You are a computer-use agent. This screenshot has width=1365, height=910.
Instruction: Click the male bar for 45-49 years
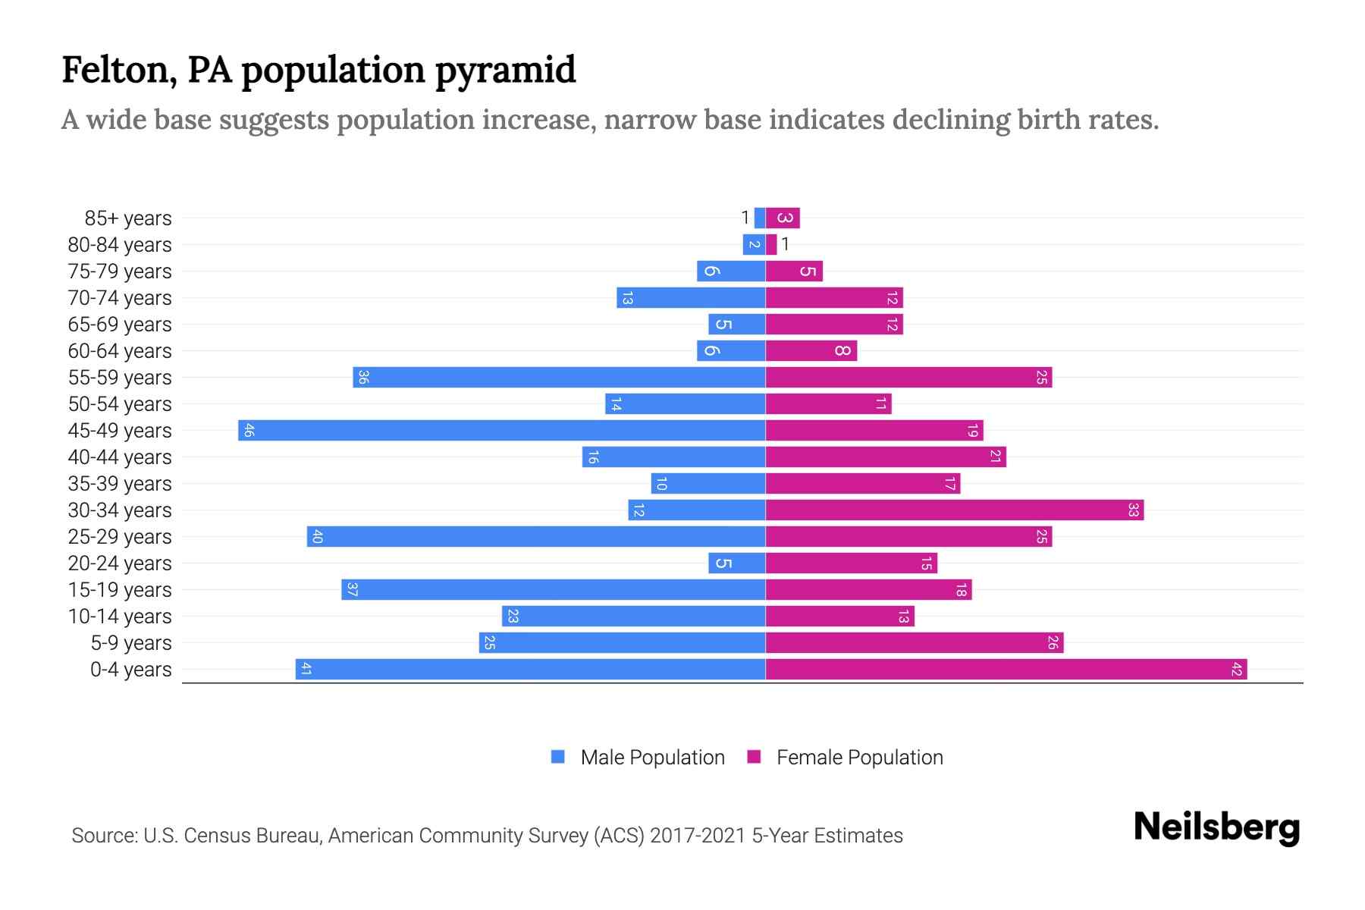tap(501, 431)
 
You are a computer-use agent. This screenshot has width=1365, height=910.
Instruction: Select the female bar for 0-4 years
tap(1006, 670)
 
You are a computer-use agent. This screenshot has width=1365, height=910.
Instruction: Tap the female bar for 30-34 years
tap(954, 510)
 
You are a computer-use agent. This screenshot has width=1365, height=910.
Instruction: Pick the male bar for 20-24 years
tap(737, 563)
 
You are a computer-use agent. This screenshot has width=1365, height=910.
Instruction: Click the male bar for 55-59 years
tap(559, 378)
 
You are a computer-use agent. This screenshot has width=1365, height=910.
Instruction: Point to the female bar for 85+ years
tap(783, 218)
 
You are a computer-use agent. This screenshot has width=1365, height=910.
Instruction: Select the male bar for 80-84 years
tap(754, 245)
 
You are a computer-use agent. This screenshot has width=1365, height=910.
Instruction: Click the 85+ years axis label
tap(128, 218)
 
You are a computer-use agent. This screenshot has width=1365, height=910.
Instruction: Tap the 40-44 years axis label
tap(120, 457)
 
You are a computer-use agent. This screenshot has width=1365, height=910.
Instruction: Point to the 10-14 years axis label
tap(120, 617)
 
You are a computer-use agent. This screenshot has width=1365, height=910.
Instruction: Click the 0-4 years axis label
tap(130, 670)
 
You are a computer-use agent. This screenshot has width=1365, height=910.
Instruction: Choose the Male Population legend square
tap(558, 757)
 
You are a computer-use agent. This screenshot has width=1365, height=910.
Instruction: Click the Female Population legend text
tap(859, 758)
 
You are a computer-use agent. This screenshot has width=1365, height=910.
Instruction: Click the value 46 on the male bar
tap(249, 431)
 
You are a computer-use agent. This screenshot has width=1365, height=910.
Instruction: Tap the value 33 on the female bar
tap(1133, 510)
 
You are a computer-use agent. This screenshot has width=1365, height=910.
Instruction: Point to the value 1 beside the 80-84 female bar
tap(786, 245)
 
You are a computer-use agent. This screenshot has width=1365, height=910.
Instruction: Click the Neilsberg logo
tap(1216, 827)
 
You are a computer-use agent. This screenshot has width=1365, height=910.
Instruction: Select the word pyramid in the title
tap(505, 70)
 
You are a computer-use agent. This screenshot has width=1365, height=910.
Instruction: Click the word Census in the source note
tap(218, 836)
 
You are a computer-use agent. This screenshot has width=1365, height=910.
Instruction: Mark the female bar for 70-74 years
tap(834, 298)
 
